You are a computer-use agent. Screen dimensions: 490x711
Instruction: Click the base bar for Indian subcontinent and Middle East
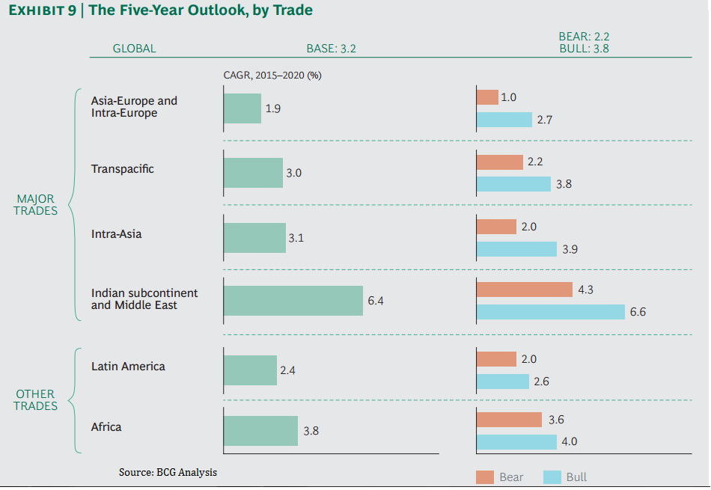click(x=293, y=300)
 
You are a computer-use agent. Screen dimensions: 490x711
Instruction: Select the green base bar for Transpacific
click(x=253, y=172)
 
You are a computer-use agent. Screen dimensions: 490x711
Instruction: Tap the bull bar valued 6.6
click(x=550, y=312)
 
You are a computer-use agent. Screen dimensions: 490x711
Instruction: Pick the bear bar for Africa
click(x=509, y=420)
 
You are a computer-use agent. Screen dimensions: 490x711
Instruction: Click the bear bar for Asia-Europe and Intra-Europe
click(x=487, y=97)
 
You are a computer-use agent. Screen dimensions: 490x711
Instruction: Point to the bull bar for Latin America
click(x=503, y=382)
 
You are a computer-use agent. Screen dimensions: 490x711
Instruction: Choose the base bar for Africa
click(x=260, y=431)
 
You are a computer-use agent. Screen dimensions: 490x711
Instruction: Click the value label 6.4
click(x=376, y=301)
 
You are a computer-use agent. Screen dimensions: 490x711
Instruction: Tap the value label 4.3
click(x=585, y=290)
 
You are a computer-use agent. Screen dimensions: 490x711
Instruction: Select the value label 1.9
click(x=273, y=108)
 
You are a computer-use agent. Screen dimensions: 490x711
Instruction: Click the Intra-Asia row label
click(x=116, y=234)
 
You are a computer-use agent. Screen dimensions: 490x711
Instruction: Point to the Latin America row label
click(x=128, y=367)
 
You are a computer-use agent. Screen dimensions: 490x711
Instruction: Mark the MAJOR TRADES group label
click(x=37, y=204)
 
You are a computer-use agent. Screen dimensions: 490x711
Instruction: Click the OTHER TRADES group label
click(x=37, y=399)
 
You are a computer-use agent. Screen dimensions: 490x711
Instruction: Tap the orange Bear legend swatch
click(x=484, y=477)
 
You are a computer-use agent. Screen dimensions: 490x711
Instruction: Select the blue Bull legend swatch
click(x=552, y=477)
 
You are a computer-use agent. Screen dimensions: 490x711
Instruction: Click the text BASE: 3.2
click(x=331, y=49)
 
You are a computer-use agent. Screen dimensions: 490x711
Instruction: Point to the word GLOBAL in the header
click(x=134, y=49)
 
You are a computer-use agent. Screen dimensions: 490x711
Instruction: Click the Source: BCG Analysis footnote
click(x=168, y=472)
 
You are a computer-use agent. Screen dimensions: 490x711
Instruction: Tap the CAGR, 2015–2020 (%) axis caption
click(x=272, y=75)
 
